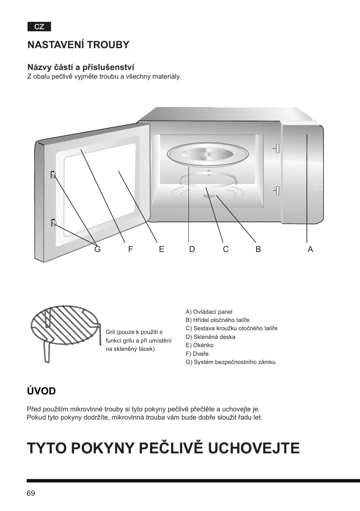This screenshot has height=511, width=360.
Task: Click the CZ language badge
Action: pyautogui.click(x=39, y=27)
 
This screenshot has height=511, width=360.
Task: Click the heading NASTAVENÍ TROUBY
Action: pyautogui.click(x=78, y=45)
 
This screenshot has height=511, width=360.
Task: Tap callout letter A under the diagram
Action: pyautogui.click(x=310, y=249)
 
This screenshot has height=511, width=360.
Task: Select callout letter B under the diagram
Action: pyautogui.click(x=258, y=249)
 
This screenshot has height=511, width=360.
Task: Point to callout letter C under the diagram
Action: pyautogui.click(x=226, y=249)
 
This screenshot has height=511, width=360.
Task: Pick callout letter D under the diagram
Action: pyautogui.click(x=192, y=249)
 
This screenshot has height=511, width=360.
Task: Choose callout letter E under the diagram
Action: pyautogui.click(x=161, y=249)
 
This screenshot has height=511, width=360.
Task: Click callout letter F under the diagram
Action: pyautogui.click(x=130, y=249)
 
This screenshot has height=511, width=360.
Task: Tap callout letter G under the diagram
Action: pyautogui.click(x=98, y=249)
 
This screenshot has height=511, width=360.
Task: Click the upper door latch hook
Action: pyautogui.click(x=53, y=175)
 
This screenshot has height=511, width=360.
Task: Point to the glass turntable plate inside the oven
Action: pyautogui.click(x=206, y=156)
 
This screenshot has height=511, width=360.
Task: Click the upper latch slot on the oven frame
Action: pyautogui.click(x=277, y=148)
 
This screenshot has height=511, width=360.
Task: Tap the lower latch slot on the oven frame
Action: pyautogui.click(x=277, y=191)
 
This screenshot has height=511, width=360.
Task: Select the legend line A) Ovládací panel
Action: pyautogui.click(x=209, y=312)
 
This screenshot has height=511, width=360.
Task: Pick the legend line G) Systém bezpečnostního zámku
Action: pyautogui.click(x=230, y=362)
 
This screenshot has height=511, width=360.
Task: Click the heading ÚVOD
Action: pyautogui.click(x=41, y=391)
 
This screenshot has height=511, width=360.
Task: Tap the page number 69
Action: pyautogui.click(x=31, y=493)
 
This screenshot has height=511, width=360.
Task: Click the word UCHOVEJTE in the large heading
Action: pyautogui.click(x=255, y=448)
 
